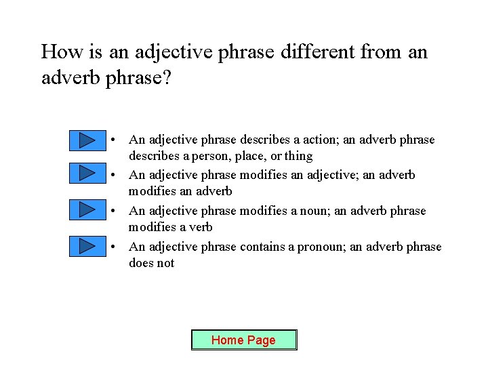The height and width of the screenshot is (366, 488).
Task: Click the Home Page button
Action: [x=244, y=340]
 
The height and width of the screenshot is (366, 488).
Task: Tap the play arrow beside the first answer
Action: [x=87, y=140]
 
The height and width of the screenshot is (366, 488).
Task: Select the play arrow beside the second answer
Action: [x=87, y=173]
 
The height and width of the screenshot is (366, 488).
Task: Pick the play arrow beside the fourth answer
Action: [x=87, y=245]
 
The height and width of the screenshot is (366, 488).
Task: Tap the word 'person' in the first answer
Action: [x=201, y=157]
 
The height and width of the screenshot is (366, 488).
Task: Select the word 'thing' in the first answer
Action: [x=298, y=157]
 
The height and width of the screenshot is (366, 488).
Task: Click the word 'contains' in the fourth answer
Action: [x=262, y=247]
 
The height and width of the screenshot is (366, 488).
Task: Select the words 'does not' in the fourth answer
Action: [x=151, y=264]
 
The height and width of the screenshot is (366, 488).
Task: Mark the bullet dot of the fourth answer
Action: [x=116, y=247]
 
